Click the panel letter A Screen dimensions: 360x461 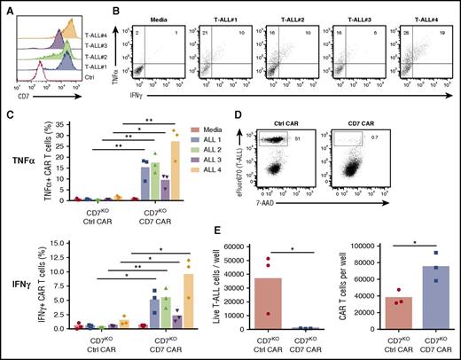point(5,7)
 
